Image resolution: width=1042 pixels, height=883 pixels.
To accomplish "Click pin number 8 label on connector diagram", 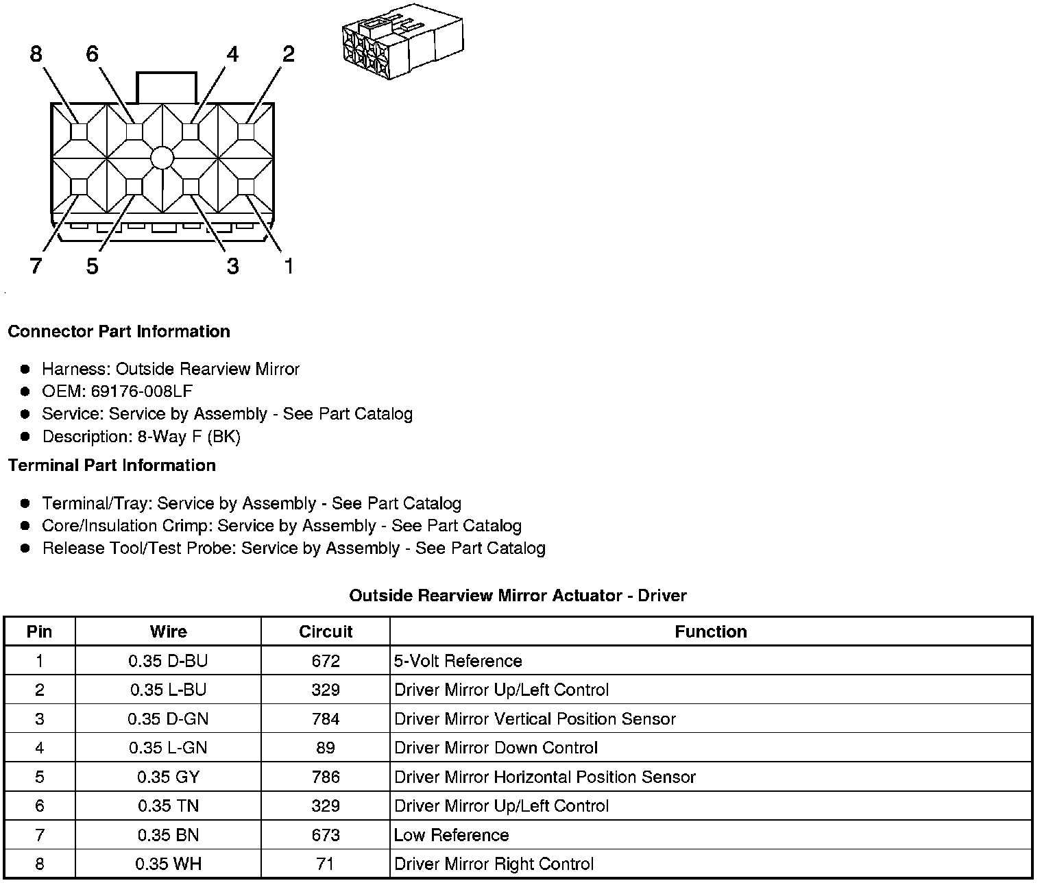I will pyautogui.click(x=36, y=53).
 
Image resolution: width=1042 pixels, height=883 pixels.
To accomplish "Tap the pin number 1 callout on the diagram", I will pyautogui.click(x=289, y=265).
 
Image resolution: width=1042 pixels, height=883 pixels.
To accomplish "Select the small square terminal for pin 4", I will pyautogui.click(x=191, y=132).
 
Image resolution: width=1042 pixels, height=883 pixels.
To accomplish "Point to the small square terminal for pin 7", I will pyautogui.click(x=79, y=186).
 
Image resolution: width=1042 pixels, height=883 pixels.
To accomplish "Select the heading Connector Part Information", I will pyautogui.click(x=119, y=332).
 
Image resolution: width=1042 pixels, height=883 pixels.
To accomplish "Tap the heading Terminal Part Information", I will pyautogui.click(x=112, y=465).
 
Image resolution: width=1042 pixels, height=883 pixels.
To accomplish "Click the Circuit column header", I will pyautogui.click(x=326, y=631).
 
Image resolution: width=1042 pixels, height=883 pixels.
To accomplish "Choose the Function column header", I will pyautogui.click(x=711, y=631).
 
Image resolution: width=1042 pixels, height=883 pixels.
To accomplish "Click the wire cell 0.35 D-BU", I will pyautogui.click(x=168, y=661).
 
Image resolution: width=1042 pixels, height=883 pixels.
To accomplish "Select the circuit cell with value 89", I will pyautogui.click(x=326, y=748).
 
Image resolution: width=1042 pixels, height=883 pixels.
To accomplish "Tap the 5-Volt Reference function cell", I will pyautogui.click(x=458, y=661).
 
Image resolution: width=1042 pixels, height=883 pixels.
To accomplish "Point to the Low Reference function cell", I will pyautogui.click(x=452, y=835).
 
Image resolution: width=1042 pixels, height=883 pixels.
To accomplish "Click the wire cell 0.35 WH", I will pyautogui.click(x=168, y=864).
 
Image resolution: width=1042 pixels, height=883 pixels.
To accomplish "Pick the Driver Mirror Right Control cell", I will pyautogui.click(x=494, y=864).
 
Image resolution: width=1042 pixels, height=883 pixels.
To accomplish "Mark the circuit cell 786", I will pyautogui.click(x=326, y=777).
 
